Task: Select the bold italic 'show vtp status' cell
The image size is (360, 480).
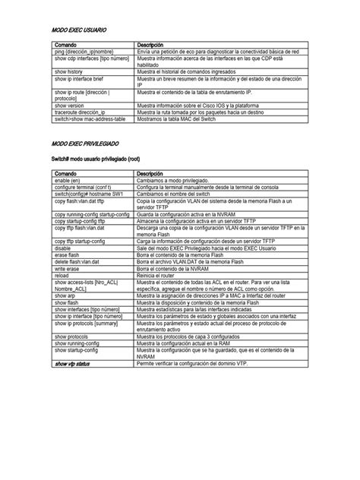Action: pyautogui.click(x=76, y=364)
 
